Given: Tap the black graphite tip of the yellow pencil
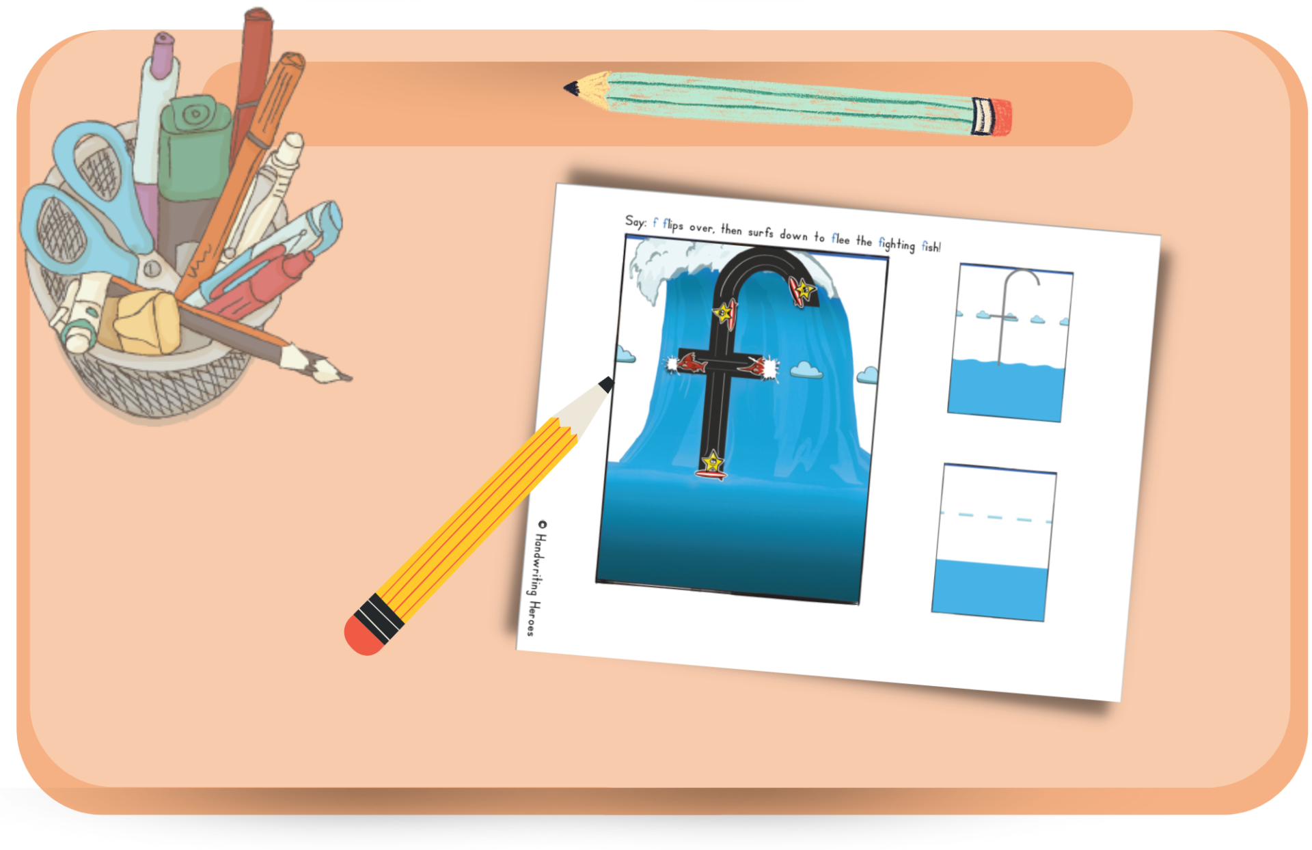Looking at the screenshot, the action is pos(606,385).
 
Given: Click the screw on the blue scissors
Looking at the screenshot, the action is pos(152,269).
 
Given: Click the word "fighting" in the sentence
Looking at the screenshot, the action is pos(897,245).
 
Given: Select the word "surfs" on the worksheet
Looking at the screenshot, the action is pos(761,232).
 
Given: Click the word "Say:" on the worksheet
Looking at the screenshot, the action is pos(635,221).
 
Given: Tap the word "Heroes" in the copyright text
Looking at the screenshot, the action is pos(532,618).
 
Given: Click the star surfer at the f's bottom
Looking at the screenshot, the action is pos(712,465).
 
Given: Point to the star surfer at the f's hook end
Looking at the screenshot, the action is pos(803,290).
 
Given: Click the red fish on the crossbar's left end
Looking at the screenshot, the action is pos(689,363).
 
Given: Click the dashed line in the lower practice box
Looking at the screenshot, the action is pos(996,517).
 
